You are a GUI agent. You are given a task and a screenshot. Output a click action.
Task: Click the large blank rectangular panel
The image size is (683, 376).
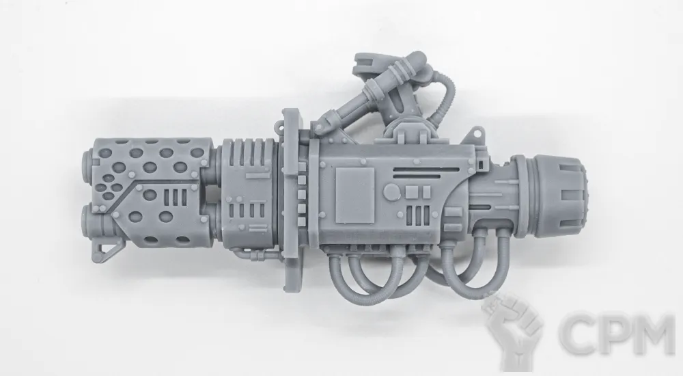(x=355, y=196)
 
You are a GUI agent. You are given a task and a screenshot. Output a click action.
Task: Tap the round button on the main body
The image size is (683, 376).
(x=391, y=192)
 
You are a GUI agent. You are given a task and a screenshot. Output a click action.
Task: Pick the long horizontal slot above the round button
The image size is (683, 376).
(x=426, y=170)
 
